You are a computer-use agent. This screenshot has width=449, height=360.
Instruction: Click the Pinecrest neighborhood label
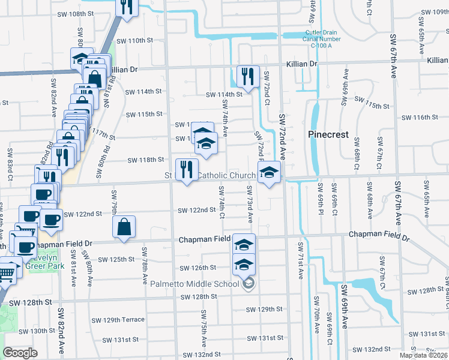328,134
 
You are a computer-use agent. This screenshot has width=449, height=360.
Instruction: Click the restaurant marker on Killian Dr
247,76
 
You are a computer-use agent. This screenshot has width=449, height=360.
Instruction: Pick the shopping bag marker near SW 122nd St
124,227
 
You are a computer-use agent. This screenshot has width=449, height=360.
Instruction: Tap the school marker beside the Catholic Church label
270,173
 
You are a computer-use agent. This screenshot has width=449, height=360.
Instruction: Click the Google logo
20,353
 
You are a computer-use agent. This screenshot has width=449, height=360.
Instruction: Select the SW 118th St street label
145,160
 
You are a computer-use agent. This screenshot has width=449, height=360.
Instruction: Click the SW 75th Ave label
204,329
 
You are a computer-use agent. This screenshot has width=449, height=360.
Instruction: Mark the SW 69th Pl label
319,204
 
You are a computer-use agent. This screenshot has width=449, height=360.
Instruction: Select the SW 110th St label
135,41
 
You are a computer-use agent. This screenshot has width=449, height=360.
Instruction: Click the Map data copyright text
424,355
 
